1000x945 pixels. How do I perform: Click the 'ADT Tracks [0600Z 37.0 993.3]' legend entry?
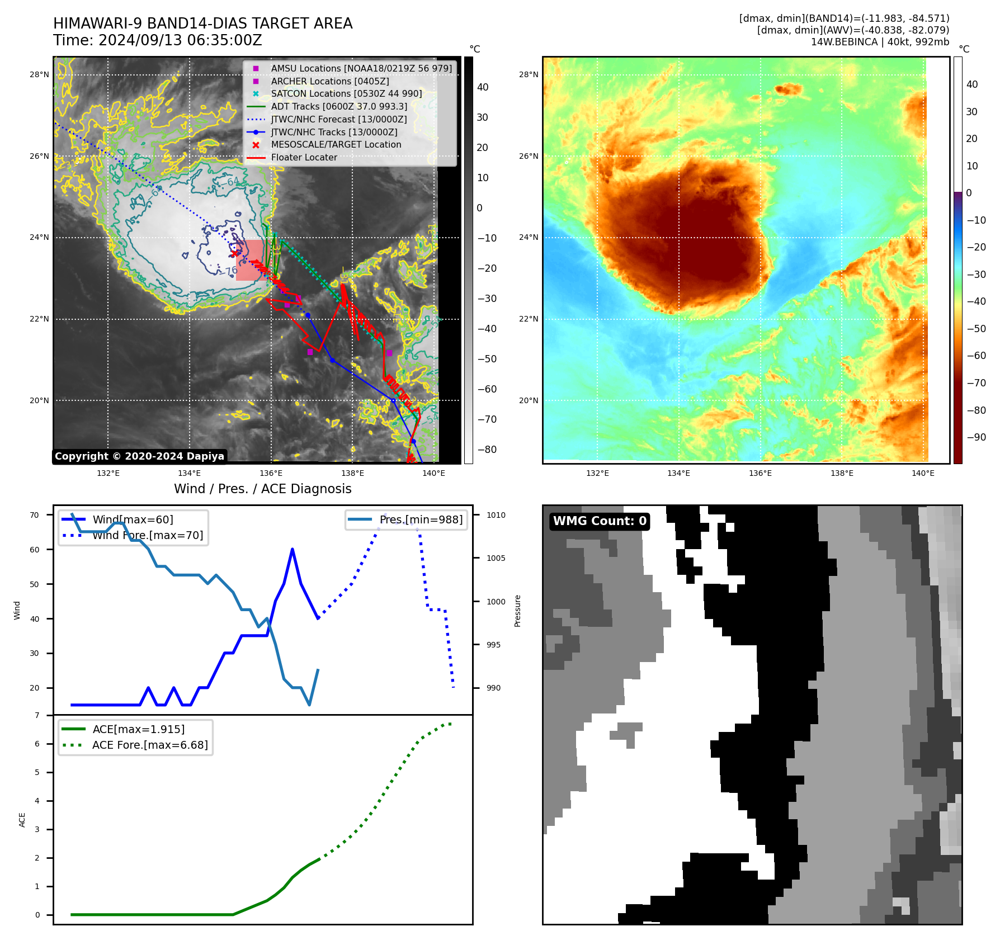point(339,106)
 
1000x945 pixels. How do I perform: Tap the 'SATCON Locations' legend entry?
point(346,93)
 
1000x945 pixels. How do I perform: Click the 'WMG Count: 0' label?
point(600,521)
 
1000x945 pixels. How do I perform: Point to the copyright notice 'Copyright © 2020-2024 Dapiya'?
point(139,456)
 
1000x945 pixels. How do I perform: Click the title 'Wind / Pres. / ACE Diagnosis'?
point(262,489)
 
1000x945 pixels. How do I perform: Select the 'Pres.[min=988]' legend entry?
point(421,520)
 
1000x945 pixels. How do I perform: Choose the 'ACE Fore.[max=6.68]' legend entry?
point(150,745)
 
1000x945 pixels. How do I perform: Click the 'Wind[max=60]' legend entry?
point(133,520)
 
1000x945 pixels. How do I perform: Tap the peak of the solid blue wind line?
point(293,550)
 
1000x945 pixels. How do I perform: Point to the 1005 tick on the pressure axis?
point(496,558)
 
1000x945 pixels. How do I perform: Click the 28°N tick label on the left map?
point(39,74)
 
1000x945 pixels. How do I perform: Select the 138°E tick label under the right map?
point(842,473)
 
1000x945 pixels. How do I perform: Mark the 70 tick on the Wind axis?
point(35,515)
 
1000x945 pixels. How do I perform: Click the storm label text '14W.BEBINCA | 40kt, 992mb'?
point(880,42)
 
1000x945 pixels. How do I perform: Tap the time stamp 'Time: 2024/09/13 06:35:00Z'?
point(157,40)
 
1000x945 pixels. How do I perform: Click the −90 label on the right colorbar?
point(977,437)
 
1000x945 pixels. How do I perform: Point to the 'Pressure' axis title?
point(517,611)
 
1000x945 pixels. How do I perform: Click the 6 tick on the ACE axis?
point(37,744)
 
